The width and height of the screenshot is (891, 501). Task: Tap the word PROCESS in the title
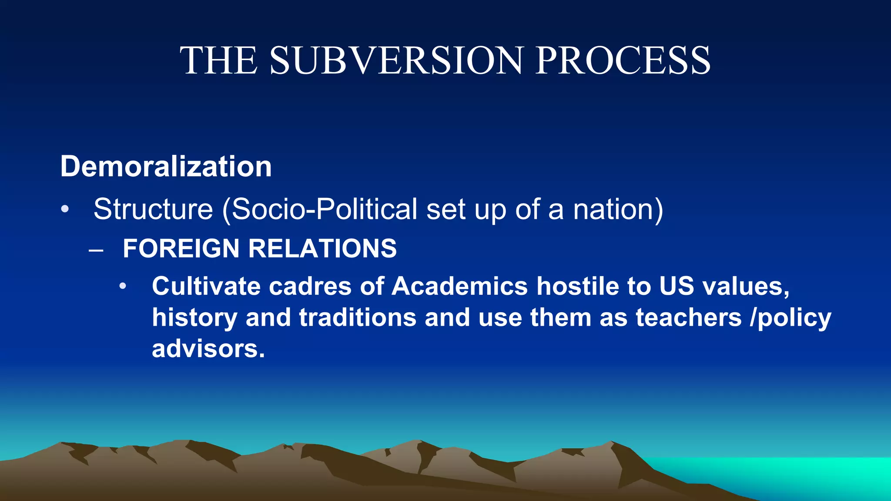(623, 60)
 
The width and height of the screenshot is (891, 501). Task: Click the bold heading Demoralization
(166, 167)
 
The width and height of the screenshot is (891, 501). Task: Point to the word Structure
(153, 209)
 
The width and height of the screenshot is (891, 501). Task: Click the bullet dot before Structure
(65, 209)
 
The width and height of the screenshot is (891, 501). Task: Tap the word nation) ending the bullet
(618, 209)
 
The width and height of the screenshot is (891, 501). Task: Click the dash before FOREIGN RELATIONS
(96, 250)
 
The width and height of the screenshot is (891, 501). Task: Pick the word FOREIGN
(181, 248)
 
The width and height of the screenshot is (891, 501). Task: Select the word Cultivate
(206, 286)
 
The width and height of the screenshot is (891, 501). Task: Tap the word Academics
(459, 286)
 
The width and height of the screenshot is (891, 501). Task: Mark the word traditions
(358, 317)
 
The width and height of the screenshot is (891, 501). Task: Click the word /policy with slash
(791, 318)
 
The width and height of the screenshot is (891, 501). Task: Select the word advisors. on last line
(208, 349)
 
